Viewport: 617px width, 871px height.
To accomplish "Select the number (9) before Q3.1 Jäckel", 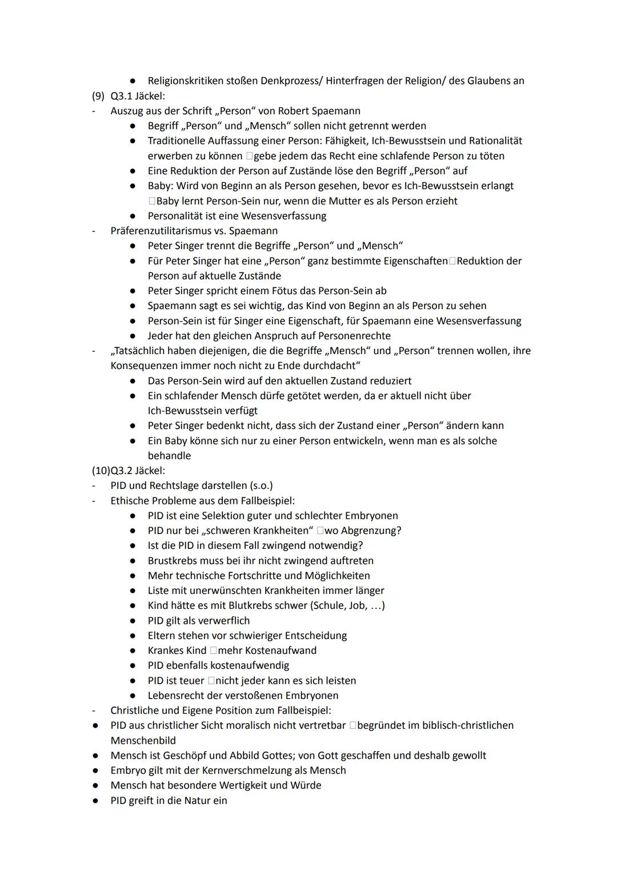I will (98, 96).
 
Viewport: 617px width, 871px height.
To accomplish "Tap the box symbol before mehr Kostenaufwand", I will (213, 651).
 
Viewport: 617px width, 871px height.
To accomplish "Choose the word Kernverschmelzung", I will (251, 770).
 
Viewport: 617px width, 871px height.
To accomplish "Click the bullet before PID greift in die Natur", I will (96, 801).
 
